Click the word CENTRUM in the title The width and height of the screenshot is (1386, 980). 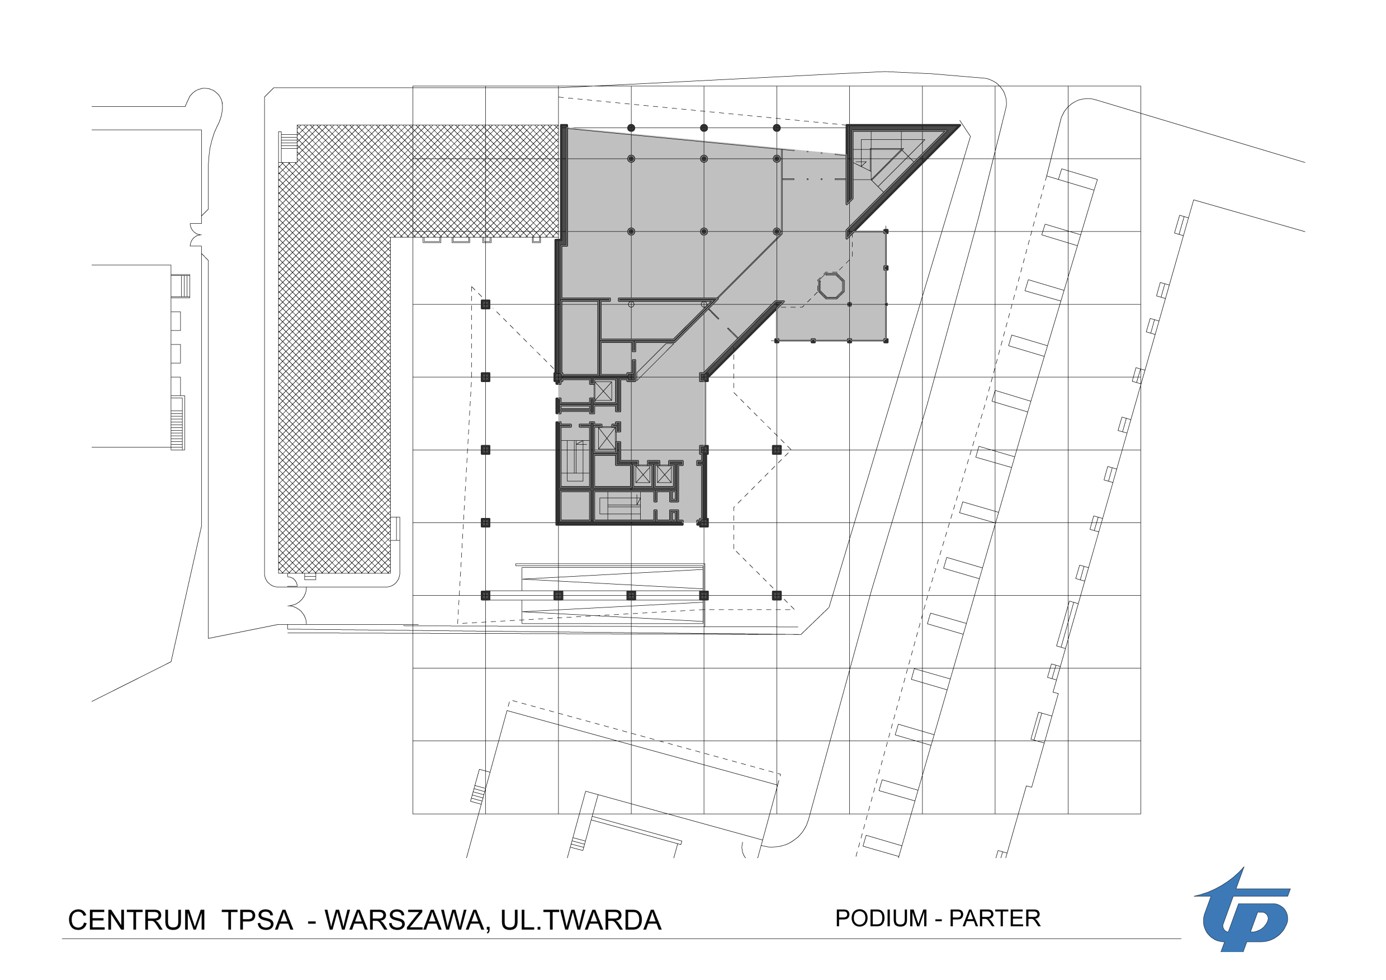click(137, 920)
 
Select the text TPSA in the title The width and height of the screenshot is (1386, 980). click(257, 920)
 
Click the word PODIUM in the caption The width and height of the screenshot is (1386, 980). click(881, 918)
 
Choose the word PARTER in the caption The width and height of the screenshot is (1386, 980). click(995, 918)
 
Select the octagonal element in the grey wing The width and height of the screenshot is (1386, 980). click(831, 286)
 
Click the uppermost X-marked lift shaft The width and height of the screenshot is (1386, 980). click(603, 390)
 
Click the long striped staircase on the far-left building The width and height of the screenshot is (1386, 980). click(177, 423)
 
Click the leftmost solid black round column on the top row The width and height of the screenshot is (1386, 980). click(631, 128)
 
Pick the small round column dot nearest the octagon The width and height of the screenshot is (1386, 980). click(849, 304)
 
